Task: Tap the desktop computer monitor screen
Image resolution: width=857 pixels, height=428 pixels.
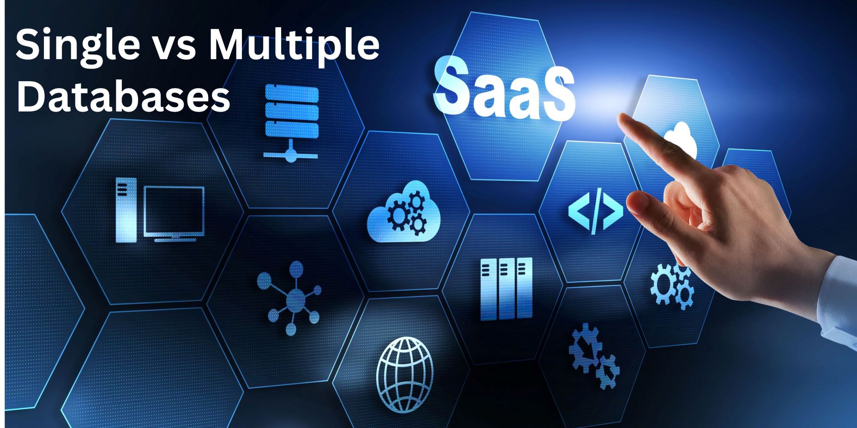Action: [174, 209]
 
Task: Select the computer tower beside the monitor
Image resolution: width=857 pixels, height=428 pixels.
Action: [126, 210]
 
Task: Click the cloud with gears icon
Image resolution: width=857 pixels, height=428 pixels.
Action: [404, 212]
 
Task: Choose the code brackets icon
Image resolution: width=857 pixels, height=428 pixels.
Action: [596, 210]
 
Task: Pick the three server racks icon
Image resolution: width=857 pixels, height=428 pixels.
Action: [506, 289]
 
